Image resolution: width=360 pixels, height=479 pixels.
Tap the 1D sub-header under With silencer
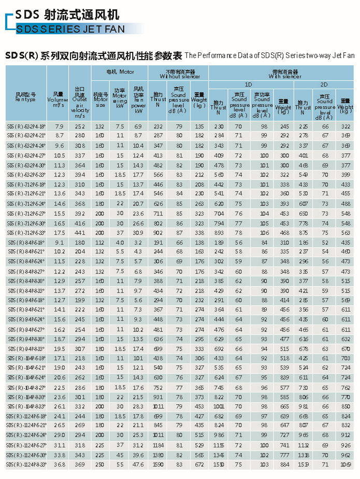(x=248, y=84)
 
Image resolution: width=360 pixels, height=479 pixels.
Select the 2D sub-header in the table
(x=324, y=84)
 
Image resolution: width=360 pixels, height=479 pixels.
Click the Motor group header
(x=120, y=71)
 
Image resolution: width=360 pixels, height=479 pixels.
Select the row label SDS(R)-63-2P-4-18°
(x=26, y=126)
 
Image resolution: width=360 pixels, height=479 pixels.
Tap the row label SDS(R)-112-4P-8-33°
(x=26, y=464)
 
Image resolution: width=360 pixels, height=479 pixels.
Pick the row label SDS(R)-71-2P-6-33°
(x=26, y=233)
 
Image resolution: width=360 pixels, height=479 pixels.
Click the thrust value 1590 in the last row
(x=158, y=464)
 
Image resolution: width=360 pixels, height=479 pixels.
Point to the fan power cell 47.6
(x=138, y=464)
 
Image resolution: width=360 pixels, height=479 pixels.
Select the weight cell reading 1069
(x=345, y=464)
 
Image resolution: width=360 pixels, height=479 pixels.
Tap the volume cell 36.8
(x=59, y=464)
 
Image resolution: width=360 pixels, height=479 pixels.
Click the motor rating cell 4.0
(x=120, y=242)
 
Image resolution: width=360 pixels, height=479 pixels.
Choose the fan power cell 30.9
(x=138, y=233)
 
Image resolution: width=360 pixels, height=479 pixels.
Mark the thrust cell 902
(x=158, y=233)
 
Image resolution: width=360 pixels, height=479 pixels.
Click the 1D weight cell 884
(x=284, y=464)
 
